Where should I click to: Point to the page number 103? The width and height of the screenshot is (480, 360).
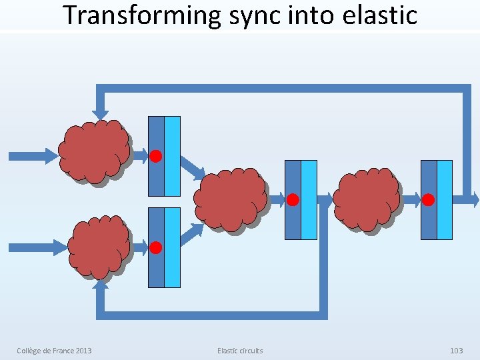point(456,351)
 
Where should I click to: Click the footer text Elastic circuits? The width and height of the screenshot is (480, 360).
point(240,351)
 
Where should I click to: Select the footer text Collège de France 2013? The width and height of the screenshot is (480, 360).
point(54,351)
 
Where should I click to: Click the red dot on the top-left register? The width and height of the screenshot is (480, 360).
point(155,157)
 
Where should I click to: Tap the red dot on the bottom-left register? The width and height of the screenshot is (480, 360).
point(155,248)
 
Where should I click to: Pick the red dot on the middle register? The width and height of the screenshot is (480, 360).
point(293,199)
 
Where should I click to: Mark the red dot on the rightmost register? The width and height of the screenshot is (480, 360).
point(429,199)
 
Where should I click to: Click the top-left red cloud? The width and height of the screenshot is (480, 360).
point(93,151)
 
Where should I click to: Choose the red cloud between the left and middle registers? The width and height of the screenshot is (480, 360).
point(231,199)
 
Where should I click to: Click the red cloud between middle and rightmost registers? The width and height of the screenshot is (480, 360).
point(367,199)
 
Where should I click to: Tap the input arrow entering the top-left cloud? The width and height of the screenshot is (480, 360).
point(33,156)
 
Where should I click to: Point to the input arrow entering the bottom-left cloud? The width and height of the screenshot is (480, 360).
point(37,248)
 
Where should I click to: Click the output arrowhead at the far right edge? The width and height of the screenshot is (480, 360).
point(474,199)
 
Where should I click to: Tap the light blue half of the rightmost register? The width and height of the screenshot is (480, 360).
point(444,199)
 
